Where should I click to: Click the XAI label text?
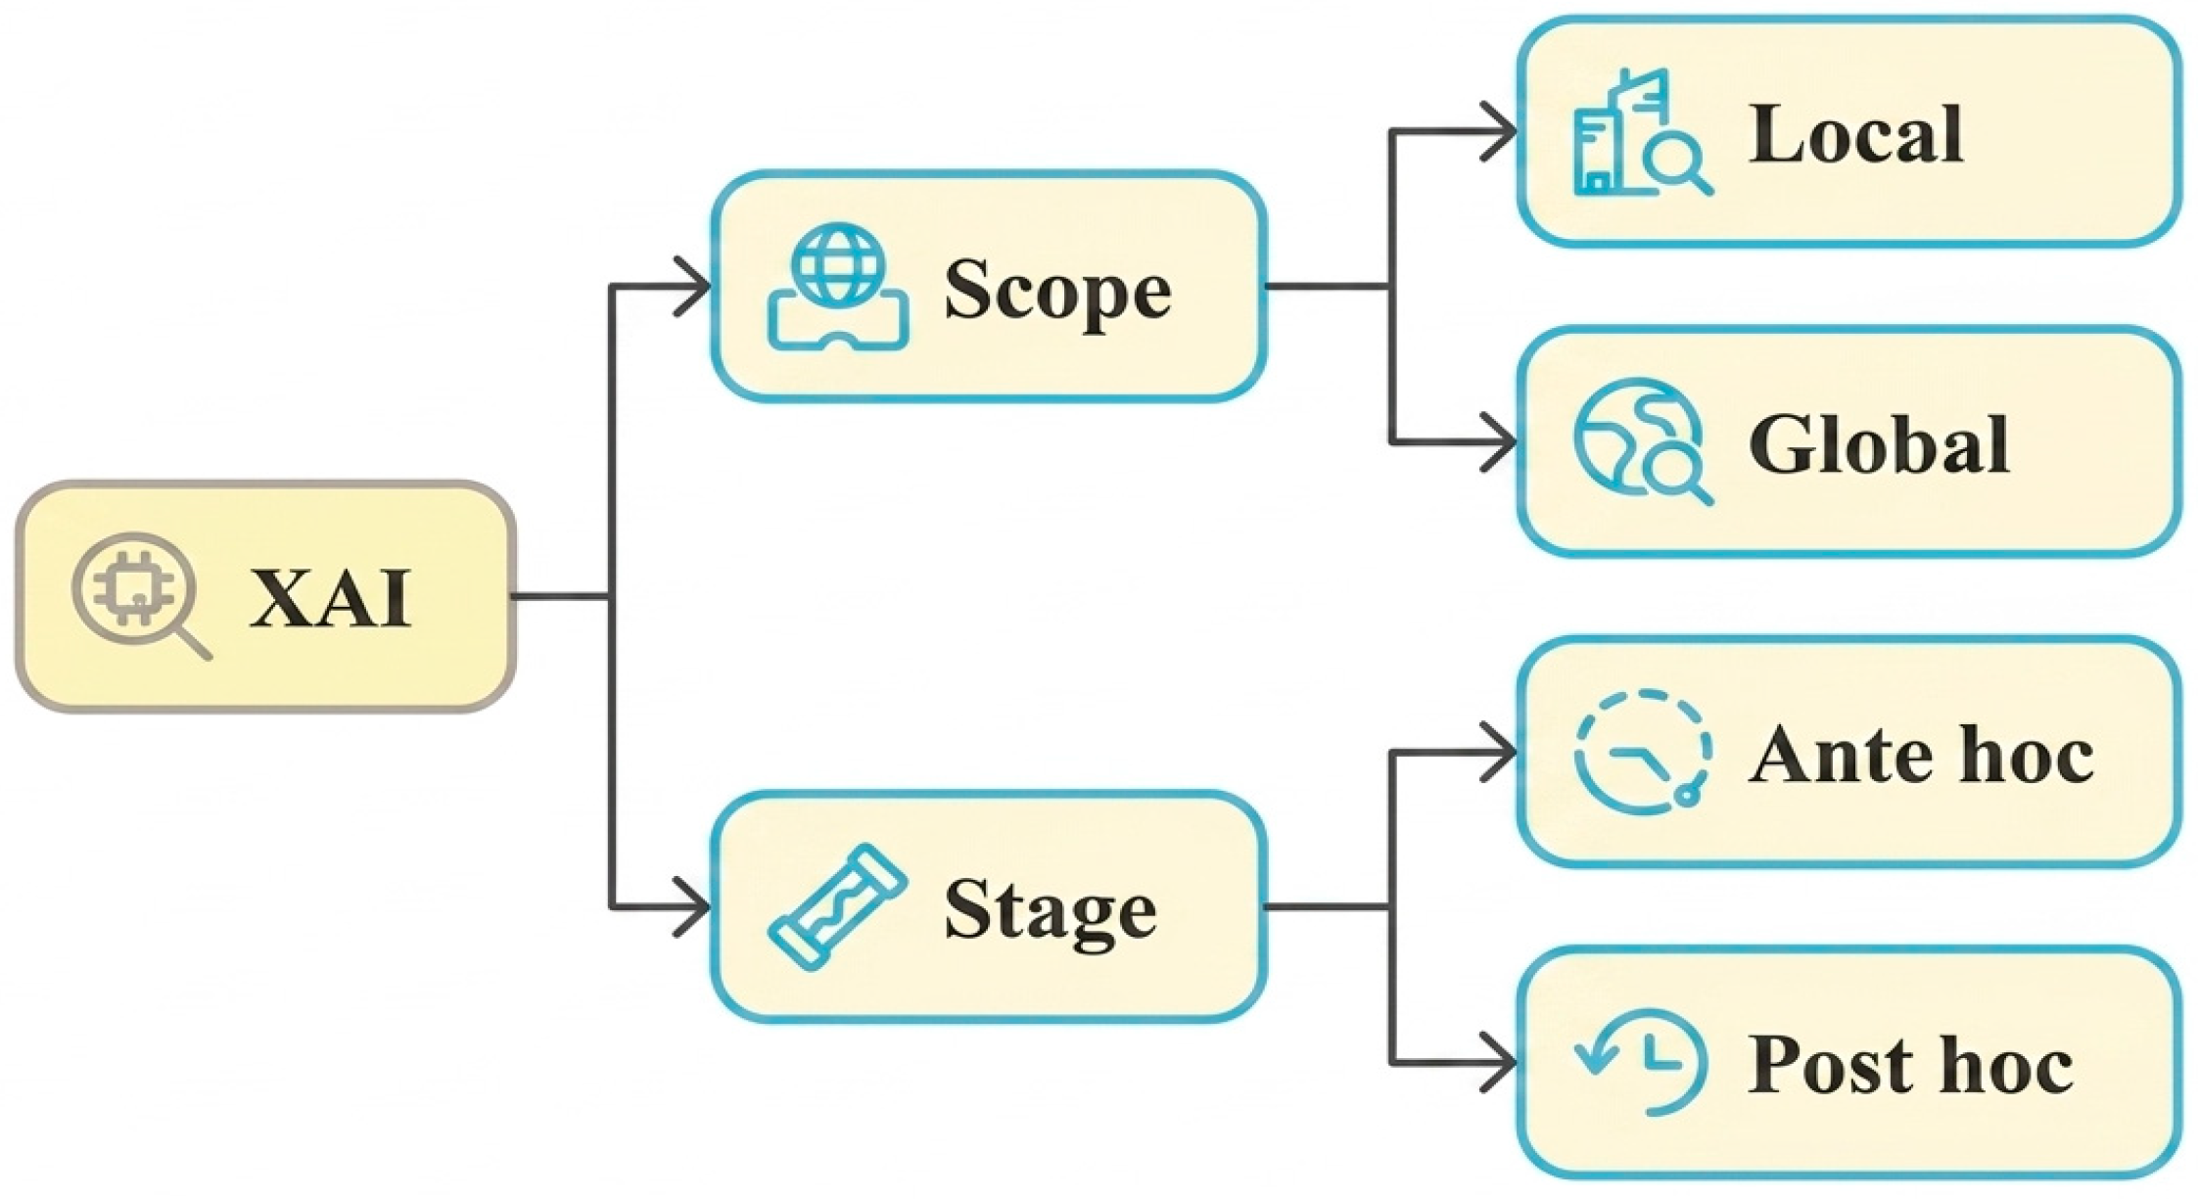pyautogui.click(x=330, y=598)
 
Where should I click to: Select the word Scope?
pyautogui.click(x=1056, y=290)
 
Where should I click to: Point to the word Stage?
pyautogui.click(x=1050, y=910)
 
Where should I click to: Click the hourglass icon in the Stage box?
pyautogui.click(x=838, y=907)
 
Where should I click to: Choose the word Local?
pyautogui.click(x=1855, y=134)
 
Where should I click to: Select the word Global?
pyautogui.click(x=1879, y=444)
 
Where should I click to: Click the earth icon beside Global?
pyautogui.click(x=1641, y=442)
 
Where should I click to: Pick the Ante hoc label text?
pyautogui.click(x=1921, y=756)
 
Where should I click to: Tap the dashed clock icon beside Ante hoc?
pyautogui.click(x=1642, y=752)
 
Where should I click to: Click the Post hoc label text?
pyautogui.click(x=1910, y=1065)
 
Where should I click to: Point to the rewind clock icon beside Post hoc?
pyautogui.click(x=1642, y=1063)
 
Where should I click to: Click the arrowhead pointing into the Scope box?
pyautogui.click(x=693, y=286)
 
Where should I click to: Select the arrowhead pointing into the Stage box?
pyautogui.click(x=693, y=907)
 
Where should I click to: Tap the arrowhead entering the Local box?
pyautogui.click(x=1500, y=131)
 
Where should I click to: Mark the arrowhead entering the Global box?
pyautogui.click(x=1500, y=442)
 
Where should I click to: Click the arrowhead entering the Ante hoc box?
pyautogui.click(x=1500, y=752)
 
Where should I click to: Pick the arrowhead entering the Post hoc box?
pyautogui.click(x=1500, y=1062)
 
